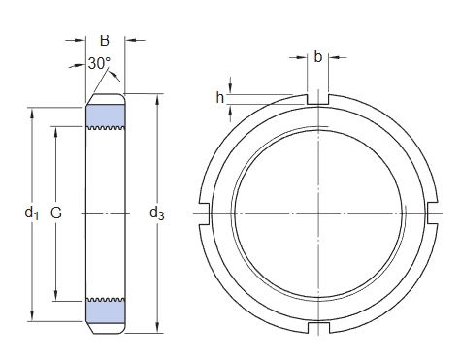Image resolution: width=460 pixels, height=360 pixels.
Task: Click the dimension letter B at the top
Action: point(105,41)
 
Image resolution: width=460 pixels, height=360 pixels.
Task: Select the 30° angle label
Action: point(99,63)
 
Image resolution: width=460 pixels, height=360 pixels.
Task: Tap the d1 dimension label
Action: point(32,213)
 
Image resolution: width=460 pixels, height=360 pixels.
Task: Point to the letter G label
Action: point(56,213)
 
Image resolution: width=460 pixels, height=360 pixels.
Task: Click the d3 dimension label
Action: point(157,213)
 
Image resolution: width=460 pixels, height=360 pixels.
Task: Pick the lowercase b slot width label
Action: point(318,57)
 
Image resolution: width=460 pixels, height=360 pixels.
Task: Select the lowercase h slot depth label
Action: point(220,97)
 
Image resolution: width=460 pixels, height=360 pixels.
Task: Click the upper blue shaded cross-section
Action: point(106,115)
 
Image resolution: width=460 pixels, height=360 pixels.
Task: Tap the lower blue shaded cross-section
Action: point(106,311)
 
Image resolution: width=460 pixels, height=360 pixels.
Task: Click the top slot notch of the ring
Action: point(318,99)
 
